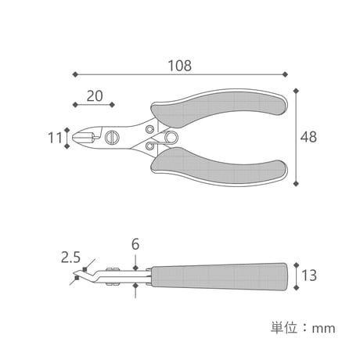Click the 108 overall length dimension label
click(x=180, y=66)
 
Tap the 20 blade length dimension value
click(x=95, y=96)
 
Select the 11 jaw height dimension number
click(x=55, y=138)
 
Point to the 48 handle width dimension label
click(x=308, y=137)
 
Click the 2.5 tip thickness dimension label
click(x=70, y=257)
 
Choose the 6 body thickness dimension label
click(x=135, y=244)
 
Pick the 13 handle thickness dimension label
click(x=309, y=275)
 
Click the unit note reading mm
click(x=323, y=329)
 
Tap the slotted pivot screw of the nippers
click(x=113, y=138)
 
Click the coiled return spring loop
click(x=171, y=138)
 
